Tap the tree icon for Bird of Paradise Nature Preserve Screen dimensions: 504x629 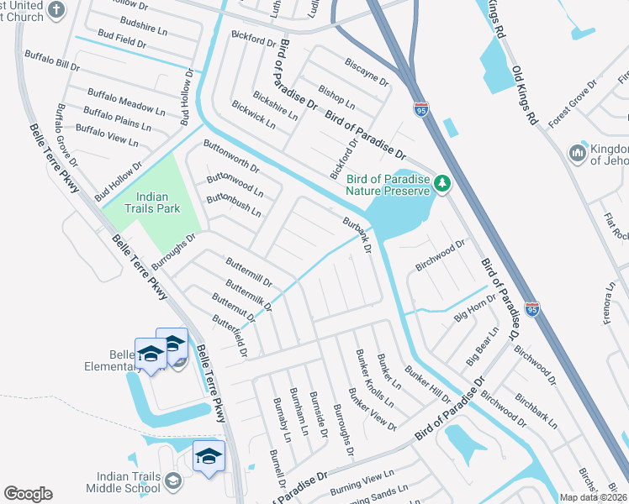[442, 181]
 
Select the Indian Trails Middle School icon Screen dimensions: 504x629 [173, 480]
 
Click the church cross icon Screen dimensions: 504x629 [56, 10]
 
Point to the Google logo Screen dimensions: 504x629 [28, 494]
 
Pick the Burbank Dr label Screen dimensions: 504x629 [357, 233]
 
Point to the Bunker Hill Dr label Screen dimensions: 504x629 [427, 383]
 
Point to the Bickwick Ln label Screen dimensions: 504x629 [253, 113]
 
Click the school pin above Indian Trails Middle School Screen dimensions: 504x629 [209, 455]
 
